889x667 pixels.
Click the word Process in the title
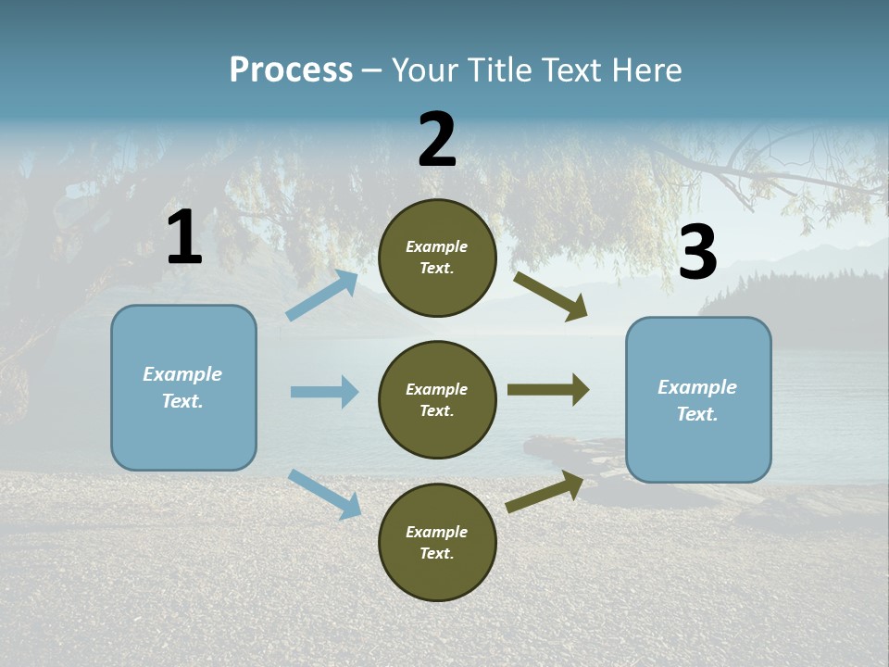[291, 69]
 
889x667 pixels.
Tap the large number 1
[184, 238]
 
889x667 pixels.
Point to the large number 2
[437, 140]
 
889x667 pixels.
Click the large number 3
[697, 253]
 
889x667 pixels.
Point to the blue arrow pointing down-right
[324, 494]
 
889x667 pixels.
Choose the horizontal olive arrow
[547, 390]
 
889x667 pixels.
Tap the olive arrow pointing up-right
[545, 492]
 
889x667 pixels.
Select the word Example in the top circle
[436, 247]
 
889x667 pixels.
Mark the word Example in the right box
[697, 387]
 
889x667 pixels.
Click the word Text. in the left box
[183, 401]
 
